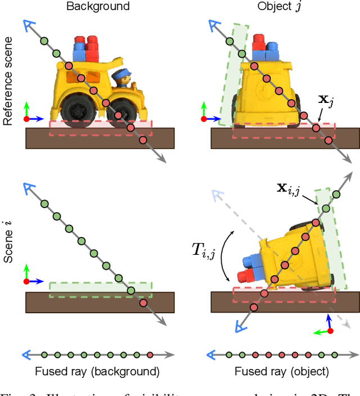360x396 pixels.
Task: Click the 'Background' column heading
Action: pyautogui.click(x=98, y=7)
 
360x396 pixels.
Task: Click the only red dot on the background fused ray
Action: pyautogui.click(x=150, y=355)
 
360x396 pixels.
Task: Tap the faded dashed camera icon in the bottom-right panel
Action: pyautogui.click(x=214, y=195)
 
